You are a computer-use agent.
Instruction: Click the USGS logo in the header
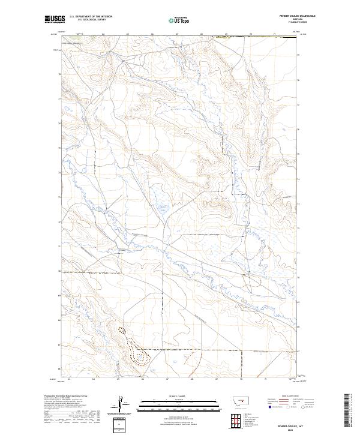pos(55,19)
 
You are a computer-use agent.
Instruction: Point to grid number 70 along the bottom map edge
pos(241,379)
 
